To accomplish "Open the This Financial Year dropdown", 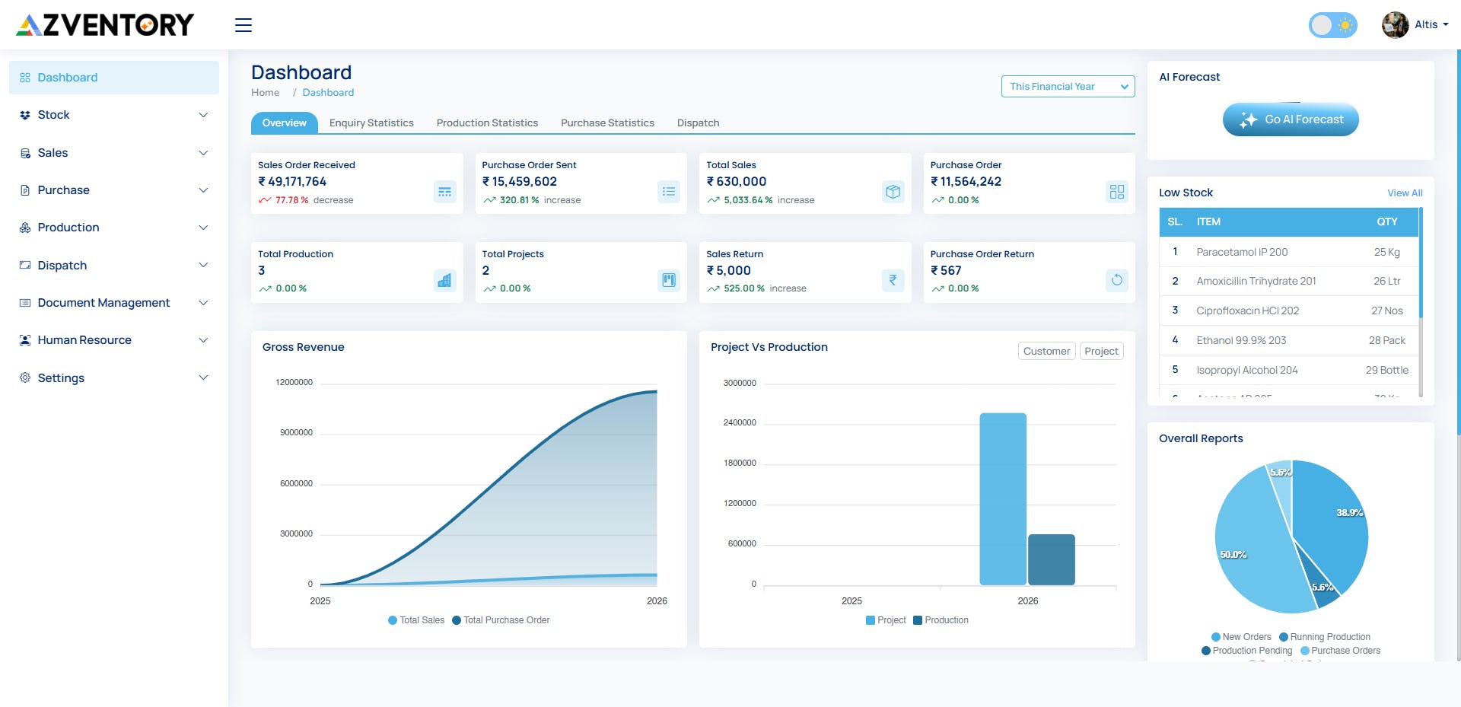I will (1067, 87).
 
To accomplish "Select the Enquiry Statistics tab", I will (371, 123).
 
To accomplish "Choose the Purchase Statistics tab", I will (607, 123).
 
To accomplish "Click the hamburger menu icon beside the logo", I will (243, 25).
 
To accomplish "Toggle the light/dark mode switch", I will (1332, 25).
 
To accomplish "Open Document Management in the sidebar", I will (103, 303).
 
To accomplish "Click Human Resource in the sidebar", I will (84, 340).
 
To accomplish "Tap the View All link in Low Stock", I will (1404, 193).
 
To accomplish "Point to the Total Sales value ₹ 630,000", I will (736, 182).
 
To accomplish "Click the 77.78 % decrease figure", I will (291, 200).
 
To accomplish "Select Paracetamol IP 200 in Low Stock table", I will (1241, 252).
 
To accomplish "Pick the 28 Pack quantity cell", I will (1386, 340).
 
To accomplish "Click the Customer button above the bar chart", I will (1046, 351).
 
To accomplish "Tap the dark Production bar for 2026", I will (1051, 559).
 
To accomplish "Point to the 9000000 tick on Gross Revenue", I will (296, 432).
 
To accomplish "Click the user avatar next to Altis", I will (1395, 25).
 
